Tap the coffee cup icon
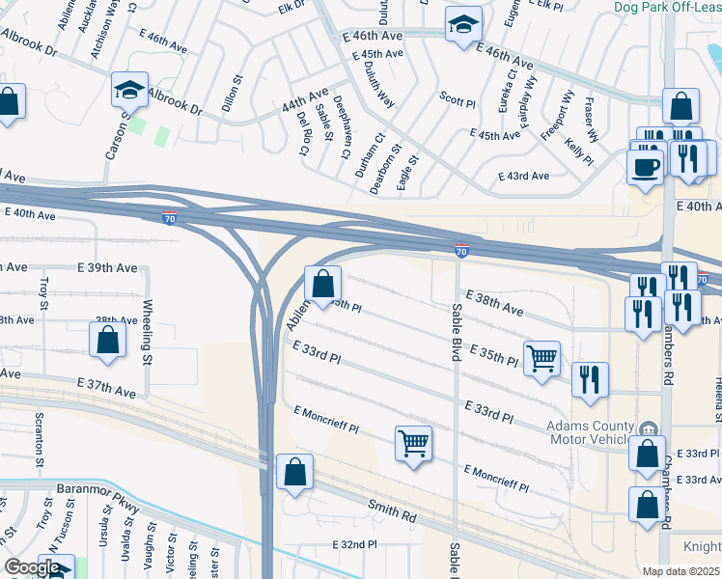click(645, 165)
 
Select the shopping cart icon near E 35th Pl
click(541, 357)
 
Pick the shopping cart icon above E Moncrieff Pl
click(413, 443)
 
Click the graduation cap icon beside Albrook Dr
click(129, 90)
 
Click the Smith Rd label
click(393, 510)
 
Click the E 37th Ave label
click(108, 388)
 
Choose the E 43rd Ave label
click(523, 176)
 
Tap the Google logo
click(34, 567)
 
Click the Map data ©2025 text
click(680, 571)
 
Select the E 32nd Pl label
click(361, 545)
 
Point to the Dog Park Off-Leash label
click(666, 6)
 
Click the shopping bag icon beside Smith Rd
click(294, 472)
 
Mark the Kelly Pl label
click(579, 152)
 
